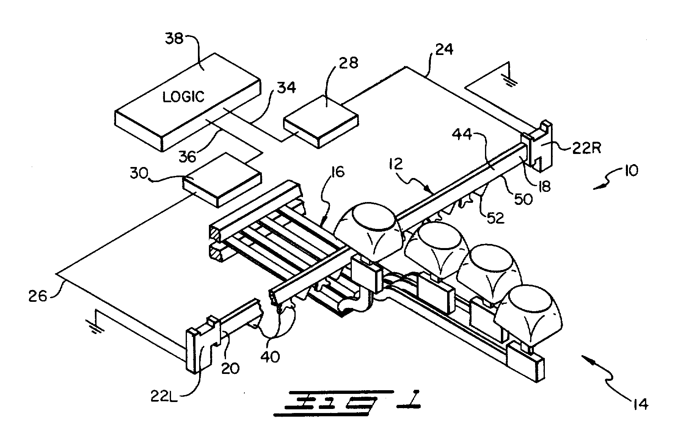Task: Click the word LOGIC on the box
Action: (183, 97)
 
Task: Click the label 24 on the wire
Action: (444, 50)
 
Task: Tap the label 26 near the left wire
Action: (38, 295)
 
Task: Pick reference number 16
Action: (337, 172)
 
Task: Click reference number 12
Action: (395, 165)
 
